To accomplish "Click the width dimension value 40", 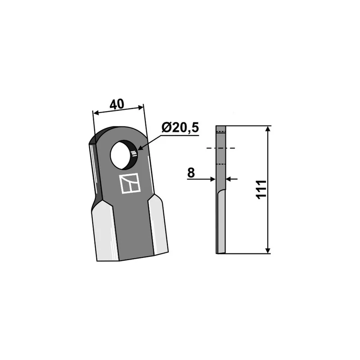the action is [x=117, y=104].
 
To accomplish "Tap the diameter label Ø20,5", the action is [x=180, y=128].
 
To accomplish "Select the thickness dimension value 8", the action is [x=191, y=173].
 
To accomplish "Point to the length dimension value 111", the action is [x=261, y=189].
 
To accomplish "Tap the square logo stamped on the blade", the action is [x=130, y=184].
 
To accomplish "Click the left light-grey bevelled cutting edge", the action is [x=106, y=231].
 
